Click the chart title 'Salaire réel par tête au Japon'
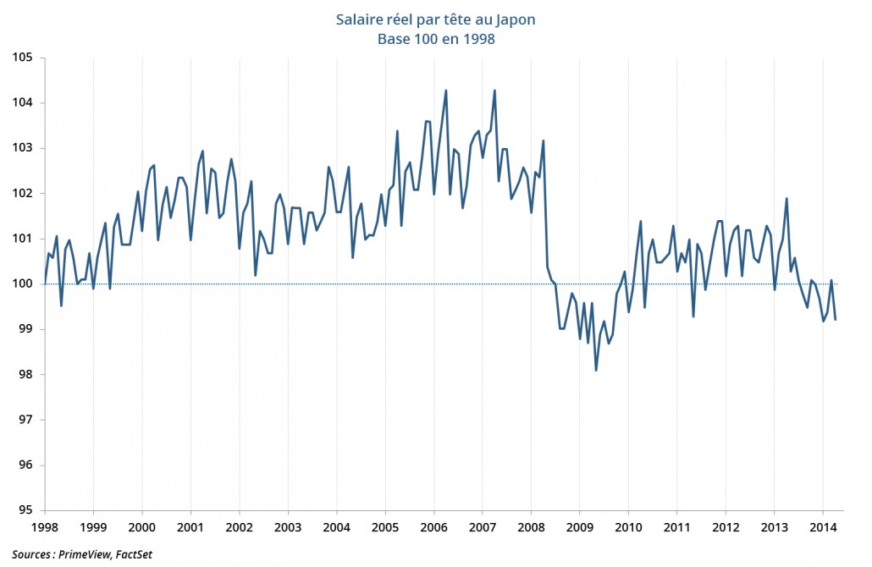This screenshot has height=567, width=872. coord(435,19)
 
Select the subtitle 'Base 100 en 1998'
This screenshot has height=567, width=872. coord(435,38)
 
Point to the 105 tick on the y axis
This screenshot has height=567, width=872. coord(22,58)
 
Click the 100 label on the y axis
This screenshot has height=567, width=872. coord(22,283)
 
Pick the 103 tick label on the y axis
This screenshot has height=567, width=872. coord(22,148)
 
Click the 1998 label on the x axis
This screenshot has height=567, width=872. coord(45,526)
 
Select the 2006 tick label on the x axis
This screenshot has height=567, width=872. coord(434,526)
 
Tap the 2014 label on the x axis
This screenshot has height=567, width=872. coord(823,526)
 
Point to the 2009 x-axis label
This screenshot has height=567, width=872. coord(580,526)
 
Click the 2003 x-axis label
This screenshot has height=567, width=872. coord(288,526)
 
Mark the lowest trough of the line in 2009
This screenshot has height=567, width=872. coord(596,370)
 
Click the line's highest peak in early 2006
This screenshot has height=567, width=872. coord(446,91)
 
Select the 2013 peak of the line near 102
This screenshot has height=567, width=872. coord(786,199)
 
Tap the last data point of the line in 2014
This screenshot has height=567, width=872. coord(836,319)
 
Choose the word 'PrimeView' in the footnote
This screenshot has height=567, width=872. coord(81,554)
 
